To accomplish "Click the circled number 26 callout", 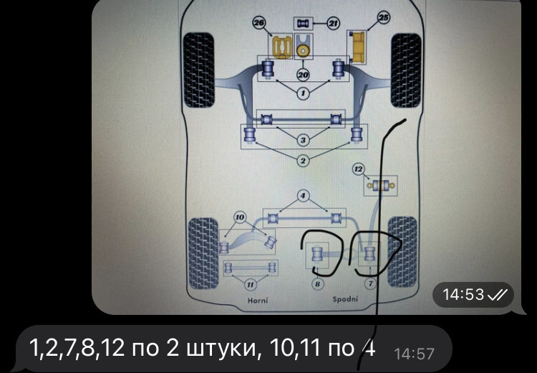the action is (x=259, y=24).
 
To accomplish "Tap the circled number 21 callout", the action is (x=332, y=24).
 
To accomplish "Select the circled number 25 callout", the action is (x=384, y=17).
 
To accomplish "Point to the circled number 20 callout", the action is (x=303, y=75).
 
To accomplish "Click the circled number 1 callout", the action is (x=303, y=93).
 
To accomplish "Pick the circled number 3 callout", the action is (x=303, y=140).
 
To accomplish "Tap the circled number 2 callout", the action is (x=303, y=160).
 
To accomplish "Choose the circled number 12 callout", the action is (x=358, y=169).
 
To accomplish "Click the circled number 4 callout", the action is (x=303, y=196).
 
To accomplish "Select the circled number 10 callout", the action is (x=240, y=217).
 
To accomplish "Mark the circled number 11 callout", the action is (x=251, y=285).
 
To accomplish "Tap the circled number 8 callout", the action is (x=317, y=284).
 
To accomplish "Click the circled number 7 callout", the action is (x=370, y=284).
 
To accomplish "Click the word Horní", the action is (x=258, y=301).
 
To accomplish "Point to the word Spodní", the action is (x=345, y=299).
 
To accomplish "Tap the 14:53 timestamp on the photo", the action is (x=463, y=295).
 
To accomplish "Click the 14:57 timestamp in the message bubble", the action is (x=414, y=354).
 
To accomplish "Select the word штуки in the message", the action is (x=221, y=348).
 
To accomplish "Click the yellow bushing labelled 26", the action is (x=281, y=47).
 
